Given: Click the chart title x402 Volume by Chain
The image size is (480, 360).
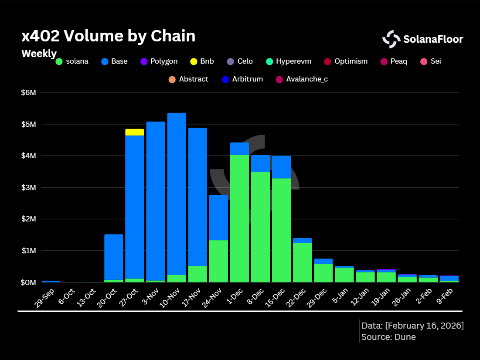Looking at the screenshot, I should [109, 37].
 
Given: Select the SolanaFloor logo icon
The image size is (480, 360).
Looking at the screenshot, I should [391, 39].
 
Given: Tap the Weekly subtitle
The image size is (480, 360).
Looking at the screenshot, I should [39, 54].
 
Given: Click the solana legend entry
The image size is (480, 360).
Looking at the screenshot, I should [72, 61].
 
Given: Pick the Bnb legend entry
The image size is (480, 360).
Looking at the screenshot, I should [202, 61].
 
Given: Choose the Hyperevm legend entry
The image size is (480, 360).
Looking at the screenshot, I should [289, 61].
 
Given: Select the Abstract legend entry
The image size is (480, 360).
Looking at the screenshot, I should [188, 79].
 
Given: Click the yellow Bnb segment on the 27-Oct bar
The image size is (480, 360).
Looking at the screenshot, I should [134, 132].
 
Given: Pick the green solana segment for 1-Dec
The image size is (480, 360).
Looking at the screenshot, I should [239, 218].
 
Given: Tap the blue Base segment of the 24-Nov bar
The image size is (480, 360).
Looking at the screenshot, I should [218, 217].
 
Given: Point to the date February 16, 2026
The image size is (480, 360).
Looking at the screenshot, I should [425, 326].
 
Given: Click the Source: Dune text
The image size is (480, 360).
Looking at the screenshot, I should [388, 337].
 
